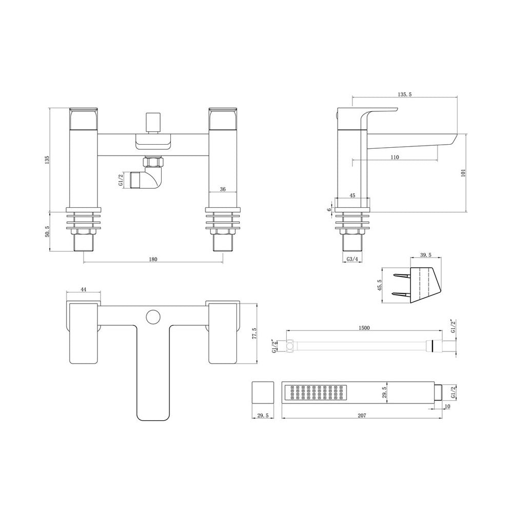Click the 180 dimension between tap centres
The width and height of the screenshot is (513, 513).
[153, 259]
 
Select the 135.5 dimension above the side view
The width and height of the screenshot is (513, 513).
[405, 94]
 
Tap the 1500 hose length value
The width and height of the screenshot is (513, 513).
[364, 328]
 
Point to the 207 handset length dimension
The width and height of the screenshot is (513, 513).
[362, 416]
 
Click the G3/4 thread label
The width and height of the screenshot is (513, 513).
[352, 259]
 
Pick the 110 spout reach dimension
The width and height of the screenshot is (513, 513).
[395, 157]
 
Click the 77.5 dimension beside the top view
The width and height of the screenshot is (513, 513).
[255, 334]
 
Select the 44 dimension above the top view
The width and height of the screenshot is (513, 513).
[84, 289]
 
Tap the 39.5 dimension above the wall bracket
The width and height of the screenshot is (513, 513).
[425, 255]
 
